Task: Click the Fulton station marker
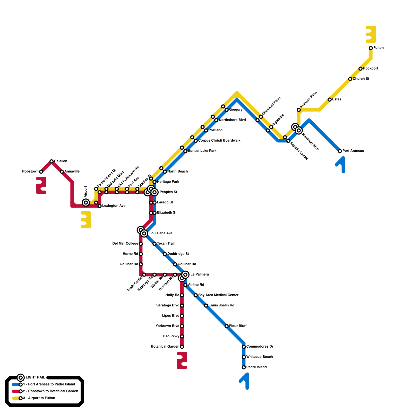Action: point(371,48)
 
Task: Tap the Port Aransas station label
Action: point(353,151)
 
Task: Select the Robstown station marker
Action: point(41,171)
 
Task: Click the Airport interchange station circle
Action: point(86,203)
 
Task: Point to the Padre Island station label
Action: point(256,367)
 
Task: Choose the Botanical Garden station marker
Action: point(182,347)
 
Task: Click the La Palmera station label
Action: point(200,274)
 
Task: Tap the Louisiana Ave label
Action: point(161,233)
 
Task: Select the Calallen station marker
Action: point(51,161)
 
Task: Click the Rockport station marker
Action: point(360,68)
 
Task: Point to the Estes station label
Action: point(337,99)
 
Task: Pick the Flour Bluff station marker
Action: point(227,326)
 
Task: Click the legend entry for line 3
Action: point(39,398)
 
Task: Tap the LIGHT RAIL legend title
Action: point(35,377)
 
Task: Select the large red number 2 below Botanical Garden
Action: point(182,360)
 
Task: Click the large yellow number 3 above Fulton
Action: point(371,35)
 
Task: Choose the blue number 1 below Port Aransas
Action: point(341,164)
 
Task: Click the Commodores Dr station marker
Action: point(244,347)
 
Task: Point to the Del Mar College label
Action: point(125,244)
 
